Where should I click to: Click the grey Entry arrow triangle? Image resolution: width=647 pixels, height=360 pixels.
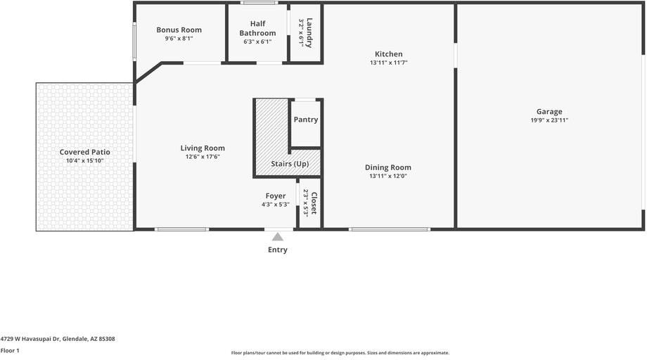(277, 237)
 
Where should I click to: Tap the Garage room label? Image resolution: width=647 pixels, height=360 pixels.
(549, 111)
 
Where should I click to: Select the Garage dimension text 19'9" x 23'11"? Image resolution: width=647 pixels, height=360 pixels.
(549, 120)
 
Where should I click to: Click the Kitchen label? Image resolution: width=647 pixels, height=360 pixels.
(389, 54)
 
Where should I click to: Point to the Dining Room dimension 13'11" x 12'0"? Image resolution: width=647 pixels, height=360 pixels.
(388, 176)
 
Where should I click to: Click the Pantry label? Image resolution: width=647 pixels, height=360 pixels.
(306, 120)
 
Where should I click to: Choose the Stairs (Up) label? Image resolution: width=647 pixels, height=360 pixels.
(290, 164)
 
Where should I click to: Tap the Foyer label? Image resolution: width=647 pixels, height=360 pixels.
(276, 196)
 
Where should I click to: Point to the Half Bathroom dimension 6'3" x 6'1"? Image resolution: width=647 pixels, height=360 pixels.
(257, 41)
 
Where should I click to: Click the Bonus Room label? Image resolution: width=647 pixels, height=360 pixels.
(179, 30)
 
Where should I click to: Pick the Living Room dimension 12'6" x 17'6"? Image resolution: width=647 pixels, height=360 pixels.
(203, 157)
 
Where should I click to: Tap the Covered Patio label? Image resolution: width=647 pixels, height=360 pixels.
(84, 152)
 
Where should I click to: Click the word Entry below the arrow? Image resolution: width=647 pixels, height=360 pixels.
(278, 250)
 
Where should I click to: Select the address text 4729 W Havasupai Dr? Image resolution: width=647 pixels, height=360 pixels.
(30, 339)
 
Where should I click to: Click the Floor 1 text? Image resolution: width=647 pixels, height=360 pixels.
(10, 351)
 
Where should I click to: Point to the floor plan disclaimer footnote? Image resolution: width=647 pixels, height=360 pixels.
(340, 353)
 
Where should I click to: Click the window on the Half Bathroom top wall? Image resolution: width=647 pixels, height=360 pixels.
(259, 3)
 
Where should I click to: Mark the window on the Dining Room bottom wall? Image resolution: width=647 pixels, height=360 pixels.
(390, 229)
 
